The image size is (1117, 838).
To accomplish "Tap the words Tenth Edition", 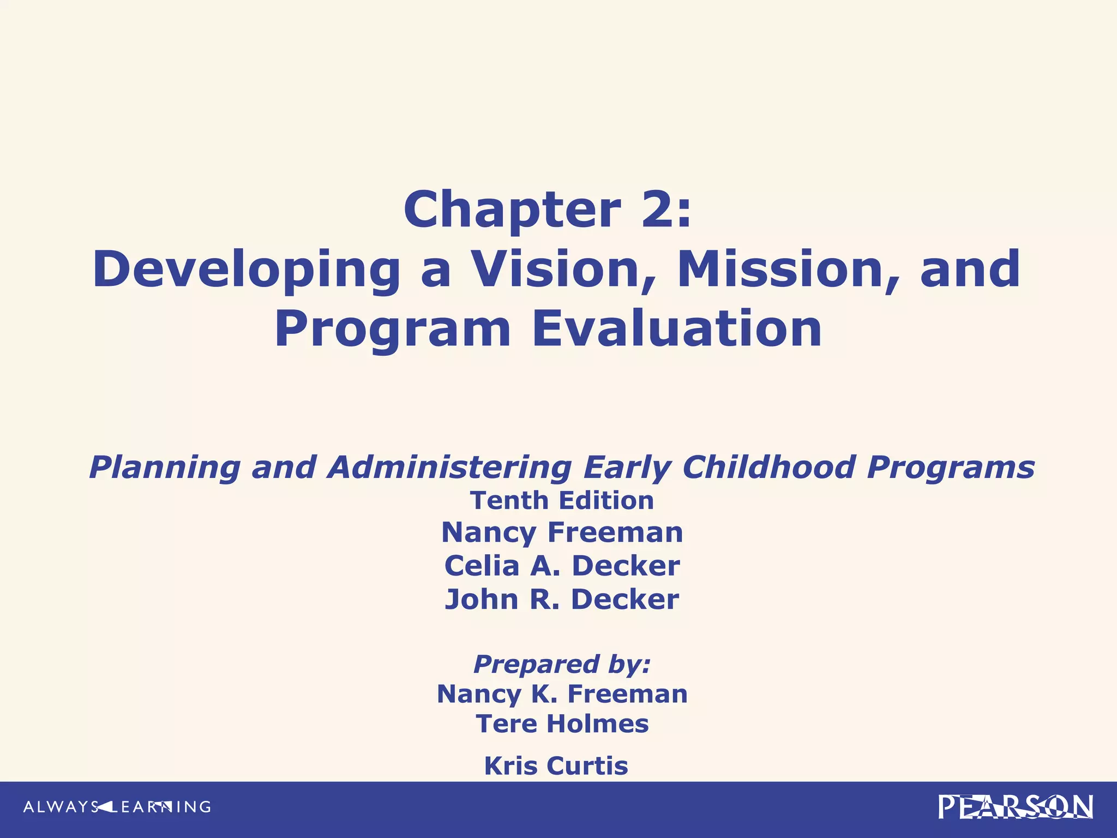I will (562, 500).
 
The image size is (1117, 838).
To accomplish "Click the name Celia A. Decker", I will (562, 566).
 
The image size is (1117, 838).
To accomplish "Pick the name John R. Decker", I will (562, 599).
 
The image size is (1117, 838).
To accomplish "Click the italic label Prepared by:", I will (562, 665).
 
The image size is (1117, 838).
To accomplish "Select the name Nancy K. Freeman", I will (562, 694).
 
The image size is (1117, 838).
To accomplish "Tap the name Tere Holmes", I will (562, 724).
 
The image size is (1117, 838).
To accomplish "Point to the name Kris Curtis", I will (556, 765).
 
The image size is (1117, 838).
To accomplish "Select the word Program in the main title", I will (393, 330).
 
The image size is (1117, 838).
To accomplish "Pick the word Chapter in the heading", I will (512, 211).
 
